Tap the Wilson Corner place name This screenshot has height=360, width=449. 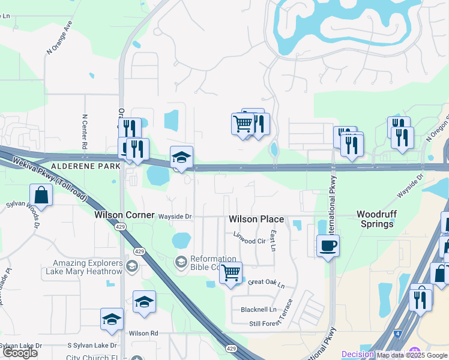[x=125, y=214]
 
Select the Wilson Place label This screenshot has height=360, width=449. [x=256, y=220]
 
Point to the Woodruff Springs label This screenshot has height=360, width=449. [x=375, y=219]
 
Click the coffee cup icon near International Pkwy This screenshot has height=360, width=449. [x=328, y=245]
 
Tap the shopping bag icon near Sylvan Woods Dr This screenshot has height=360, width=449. [x=41, y=195]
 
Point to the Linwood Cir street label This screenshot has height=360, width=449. [x=249, y=239]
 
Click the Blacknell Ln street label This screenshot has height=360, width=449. [x=259, y=310]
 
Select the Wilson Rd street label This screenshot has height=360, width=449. [x=143, y=333]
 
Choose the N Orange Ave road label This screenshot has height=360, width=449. [x=58, y=40]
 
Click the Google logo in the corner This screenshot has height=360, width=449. [x=20, y=353]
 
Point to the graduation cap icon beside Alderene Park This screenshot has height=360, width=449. [x=181, y=157]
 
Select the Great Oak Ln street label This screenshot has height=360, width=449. [x=266, y=282]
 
